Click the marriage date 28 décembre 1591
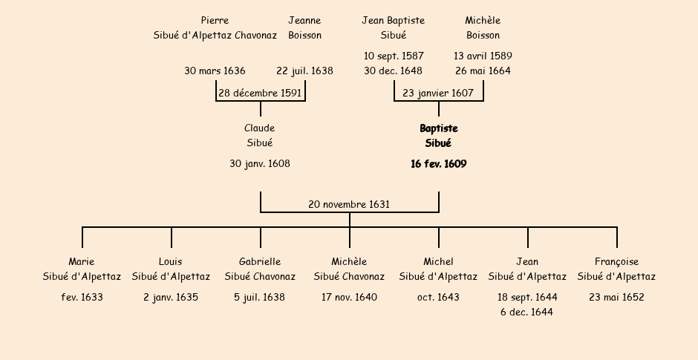(260, 93)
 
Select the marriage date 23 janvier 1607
(438, 93)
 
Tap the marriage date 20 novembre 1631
(349, 204)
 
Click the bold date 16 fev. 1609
(438, 164)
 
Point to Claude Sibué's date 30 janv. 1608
(260, 164)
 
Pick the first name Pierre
(215, 21)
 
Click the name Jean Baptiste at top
(393, 21)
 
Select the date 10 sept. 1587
(394, 56)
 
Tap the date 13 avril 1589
(483, 56)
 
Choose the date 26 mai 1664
(483, 71)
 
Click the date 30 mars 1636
(215, 71)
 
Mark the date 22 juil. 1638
(304, 71)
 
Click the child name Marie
(82, 262)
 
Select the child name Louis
(170, 262)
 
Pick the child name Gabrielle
(260, 262)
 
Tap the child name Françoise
(616, 262)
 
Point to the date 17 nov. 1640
(349, 298)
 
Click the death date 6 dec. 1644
(527, 312)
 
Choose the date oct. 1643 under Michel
(438, 298)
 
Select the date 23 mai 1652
(616, 298)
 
